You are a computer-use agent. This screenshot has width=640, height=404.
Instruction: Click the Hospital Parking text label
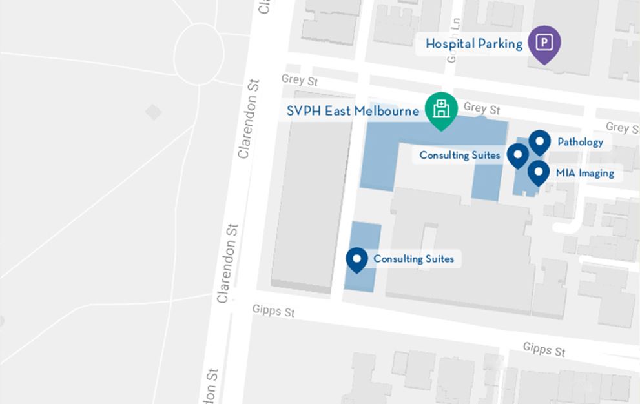tap(474, 44)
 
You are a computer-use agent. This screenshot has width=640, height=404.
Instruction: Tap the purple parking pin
tap(544, 43)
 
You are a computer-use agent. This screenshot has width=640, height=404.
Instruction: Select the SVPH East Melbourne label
tap(353, 111)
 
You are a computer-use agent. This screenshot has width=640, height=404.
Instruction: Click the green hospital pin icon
tap(441, 109)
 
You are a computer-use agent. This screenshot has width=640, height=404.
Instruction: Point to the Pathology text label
tap(580, 142)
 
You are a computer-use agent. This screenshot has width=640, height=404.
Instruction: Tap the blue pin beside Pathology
tap(539, 141)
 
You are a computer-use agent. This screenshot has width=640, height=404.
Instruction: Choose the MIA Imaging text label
tap(584, 173)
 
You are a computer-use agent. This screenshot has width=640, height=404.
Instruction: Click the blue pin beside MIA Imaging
tap(539, 172)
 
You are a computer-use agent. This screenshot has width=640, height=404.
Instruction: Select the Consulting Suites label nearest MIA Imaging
tap(459, 155)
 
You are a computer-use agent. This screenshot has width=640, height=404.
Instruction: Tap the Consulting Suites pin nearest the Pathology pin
tap(517, 155)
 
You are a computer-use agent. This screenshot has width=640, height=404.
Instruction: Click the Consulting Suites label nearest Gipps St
tap(413, 259)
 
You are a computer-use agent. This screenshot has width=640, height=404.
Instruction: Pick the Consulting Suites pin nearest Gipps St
tap(356, 259)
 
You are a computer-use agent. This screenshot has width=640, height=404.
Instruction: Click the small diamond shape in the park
tap(153, 112)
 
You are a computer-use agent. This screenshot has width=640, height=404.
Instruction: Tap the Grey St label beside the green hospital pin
tap(482, 108)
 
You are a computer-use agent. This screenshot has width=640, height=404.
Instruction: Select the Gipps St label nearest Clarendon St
tap(273, 311)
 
